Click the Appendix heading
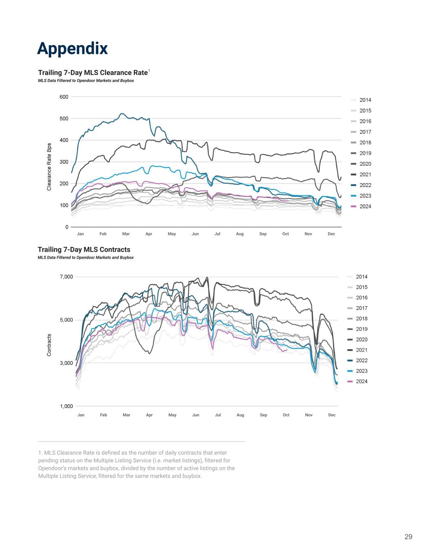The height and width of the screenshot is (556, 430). tap(72, 48)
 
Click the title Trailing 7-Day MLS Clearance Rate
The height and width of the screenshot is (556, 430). tap(93, 73)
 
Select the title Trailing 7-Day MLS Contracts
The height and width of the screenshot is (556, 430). tap(84, 249)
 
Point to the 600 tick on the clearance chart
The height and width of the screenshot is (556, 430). tap(64, 97)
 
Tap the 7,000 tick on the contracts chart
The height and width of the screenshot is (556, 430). tap(66, 277)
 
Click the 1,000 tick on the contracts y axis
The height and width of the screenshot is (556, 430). tap(66, 406)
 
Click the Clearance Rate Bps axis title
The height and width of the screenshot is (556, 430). tap(49, 167)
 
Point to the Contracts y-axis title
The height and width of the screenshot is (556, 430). tap(49, 345)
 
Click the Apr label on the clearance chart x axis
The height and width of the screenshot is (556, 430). tap(149, 234)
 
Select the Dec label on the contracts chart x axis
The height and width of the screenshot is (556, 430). tap(332, 415)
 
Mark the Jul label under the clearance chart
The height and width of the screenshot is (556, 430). tap(217, 234)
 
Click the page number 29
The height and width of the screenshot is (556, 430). tap(408, 537)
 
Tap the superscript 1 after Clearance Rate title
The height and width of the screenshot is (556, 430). tap(149, 71)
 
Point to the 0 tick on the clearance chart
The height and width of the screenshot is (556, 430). tap(67, 227)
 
